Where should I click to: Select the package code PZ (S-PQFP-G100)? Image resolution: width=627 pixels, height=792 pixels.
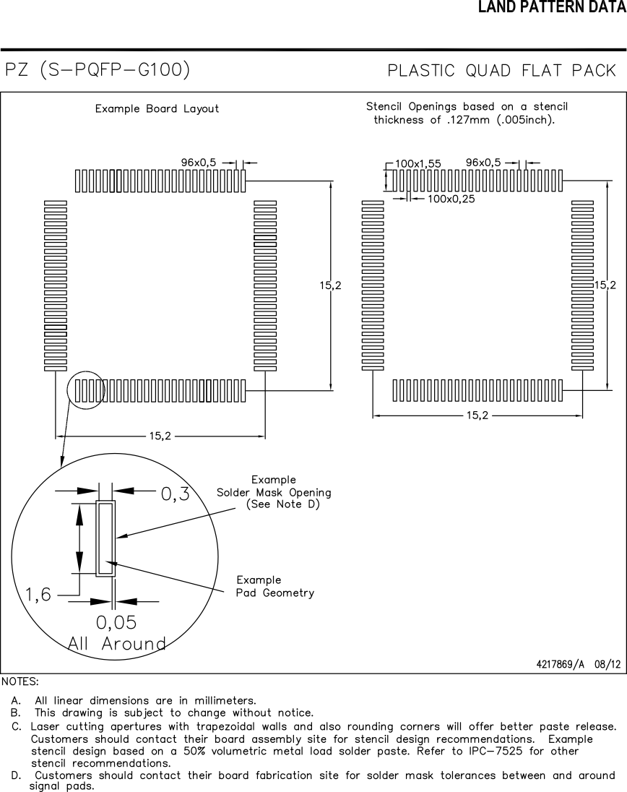point(98,70)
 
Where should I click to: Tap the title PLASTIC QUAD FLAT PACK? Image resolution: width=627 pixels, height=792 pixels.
point(502,71)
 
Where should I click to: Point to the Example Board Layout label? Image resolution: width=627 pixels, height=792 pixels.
point(157,109)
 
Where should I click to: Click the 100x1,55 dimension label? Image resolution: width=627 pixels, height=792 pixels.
point(418,163)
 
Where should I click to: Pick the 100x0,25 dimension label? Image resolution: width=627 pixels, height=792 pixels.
point(451,199)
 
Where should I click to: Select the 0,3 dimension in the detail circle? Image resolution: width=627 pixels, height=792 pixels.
point(175,494)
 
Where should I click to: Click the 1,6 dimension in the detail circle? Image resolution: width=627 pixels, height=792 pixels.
point(38,595)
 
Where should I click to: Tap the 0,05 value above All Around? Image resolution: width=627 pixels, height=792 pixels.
point(116,622)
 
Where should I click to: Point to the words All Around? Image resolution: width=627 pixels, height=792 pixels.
point(117,644)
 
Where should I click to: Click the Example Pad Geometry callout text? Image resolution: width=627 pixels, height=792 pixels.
point(275,587)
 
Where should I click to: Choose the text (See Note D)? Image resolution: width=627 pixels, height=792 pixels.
point(282,504)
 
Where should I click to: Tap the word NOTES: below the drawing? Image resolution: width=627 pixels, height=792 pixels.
point(20,681)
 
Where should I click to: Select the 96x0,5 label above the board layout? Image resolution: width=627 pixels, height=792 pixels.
point(199,163)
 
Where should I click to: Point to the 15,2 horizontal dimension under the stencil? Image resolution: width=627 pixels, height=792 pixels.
point(477,416)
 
